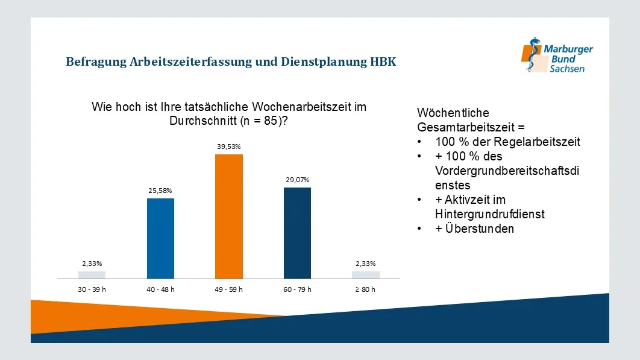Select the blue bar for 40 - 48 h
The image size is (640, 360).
pos(160,238)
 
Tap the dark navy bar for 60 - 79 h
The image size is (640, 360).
pos(297,233)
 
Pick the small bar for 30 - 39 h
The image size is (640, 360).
pos(92,275)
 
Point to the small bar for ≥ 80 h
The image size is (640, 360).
pos(365,275)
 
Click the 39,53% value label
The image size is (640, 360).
pos(229,147)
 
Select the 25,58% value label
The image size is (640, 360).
pos(160,191)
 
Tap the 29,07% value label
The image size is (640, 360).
pos(297,180)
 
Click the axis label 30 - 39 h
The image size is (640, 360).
pos(92,289)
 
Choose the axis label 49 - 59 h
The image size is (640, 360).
pos(229,289)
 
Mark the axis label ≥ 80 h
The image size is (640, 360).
pos(365,289)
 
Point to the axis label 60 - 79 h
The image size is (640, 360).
pos(297,289)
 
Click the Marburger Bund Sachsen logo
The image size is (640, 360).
pos(557,55)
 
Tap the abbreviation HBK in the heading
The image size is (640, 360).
pos(383,62)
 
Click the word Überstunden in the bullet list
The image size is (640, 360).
pos(474,229)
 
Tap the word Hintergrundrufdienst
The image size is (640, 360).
pos(489,214)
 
